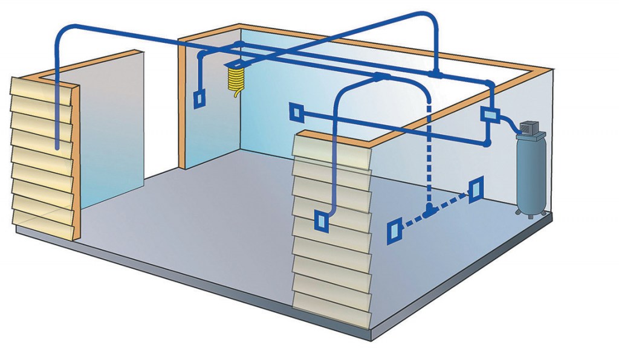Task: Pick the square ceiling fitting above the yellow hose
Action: (233, 63)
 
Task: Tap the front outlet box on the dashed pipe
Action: (394, 231)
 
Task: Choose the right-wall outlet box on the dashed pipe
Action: (475, 189)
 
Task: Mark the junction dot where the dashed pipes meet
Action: (429, 211)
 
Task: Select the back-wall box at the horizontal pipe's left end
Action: (296, 112)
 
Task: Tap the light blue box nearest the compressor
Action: (488, 114)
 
